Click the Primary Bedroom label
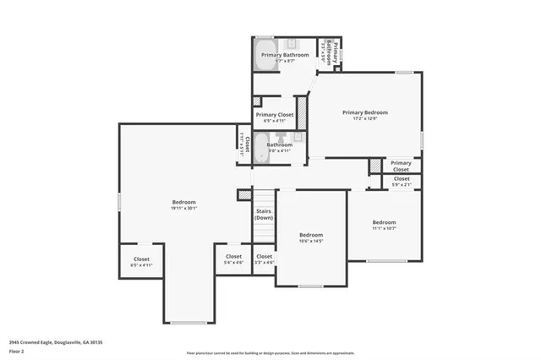point(365,112)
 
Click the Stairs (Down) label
point(264,215)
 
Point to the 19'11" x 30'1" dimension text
point(183,209)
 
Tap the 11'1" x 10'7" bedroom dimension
point(384,228)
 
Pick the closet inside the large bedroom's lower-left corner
point(141,262)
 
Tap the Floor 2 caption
point(17,349)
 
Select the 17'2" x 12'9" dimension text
point(365,118)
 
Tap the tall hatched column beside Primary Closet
point(301,113)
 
